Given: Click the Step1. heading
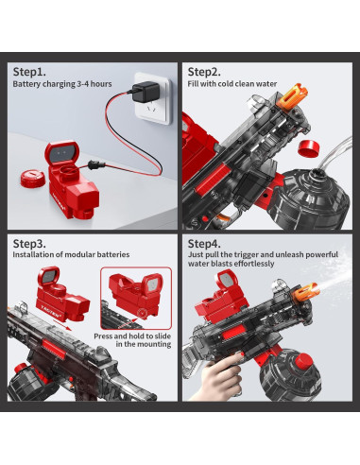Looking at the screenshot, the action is (x=29, y=72).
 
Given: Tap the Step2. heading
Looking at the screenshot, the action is (x=204, y=72).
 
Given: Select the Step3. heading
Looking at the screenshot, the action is (x=29, y=244).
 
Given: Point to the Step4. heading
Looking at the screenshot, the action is (x=204, y=244).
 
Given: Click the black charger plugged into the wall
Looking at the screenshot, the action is (x=146, y=92).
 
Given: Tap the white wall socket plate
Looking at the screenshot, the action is (x=153, y=98).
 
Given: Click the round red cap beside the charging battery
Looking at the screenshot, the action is (x=33, y=179).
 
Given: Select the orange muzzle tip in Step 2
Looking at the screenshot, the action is (x=292, y=96).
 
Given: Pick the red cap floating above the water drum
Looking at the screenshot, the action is (x=309, y=148).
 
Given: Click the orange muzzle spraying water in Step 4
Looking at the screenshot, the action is (x=306, y=291).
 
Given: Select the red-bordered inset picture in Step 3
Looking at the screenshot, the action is (x=136, y=299).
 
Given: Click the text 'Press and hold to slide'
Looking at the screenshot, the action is (x=132, y=336).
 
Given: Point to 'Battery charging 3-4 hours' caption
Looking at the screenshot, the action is (x=62, y=84).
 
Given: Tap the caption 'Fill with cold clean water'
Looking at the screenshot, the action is (x=232, y=84).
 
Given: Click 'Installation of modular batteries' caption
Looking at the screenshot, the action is (x=71, y=254).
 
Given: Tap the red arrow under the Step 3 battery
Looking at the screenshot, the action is (x=62, y=324).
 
